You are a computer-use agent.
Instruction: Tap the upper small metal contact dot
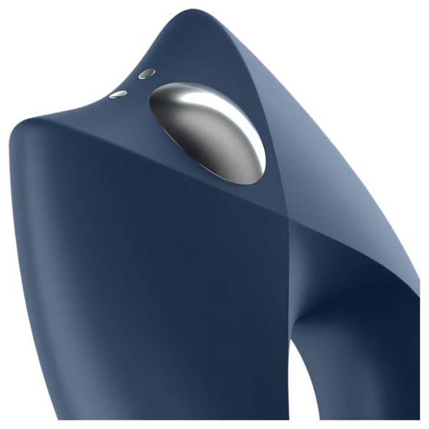[147, 74]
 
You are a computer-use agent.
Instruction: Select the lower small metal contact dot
[117, 94]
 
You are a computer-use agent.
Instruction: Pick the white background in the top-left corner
[37, 37]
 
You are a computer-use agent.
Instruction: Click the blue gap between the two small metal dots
[132, 84]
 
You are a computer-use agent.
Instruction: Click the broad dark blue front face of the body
[147, 279]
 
